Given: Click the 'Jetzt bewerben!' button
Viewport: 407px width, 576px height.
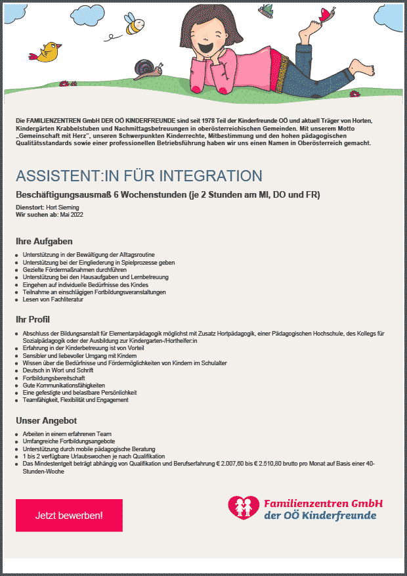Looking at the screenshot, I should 69,515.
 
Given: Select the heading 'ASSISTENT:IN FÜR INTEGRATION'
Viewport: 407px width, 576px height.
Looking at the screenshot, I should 139,176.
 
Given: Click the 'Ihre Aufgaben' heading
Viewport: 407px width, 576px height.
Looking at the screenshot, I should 44,242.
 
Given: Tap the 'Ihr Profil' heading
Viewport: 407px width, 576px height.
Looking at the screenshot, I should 33,319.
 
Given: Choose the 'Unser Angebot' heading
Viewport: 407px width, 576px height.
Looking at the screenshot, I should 47,420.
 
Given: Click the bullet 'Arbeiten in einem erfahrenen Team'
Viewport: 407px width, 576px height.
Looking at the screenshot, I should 67,434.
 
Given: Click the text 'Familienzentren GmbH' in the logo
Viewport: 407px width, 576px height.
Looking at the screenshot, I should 323,504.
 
